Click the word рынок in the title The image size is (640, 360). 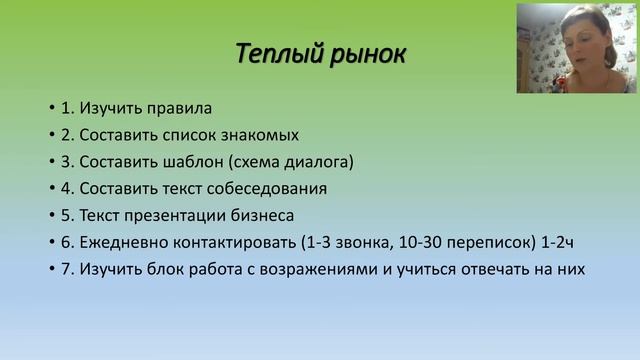[x=366, y=52]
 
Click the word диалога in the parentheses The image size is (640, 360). [x=318, y=161]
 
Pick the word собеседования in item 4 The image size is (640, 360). [x=270, y=188]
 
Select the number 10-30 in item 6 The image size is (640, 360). [x=418, y=242]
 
